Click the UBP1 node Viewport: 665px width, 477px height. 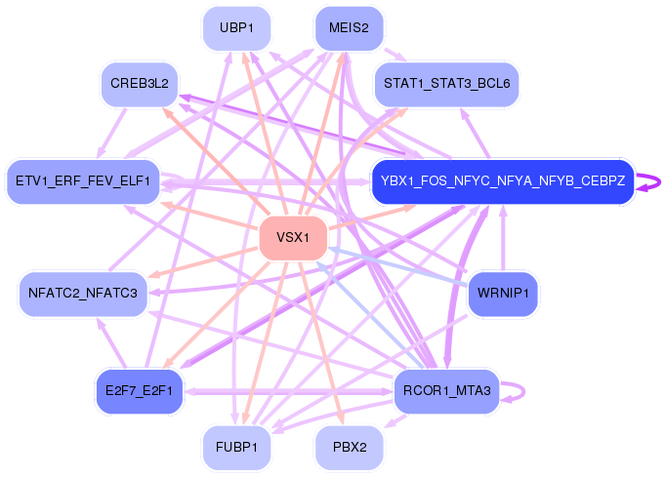pyautogui.click(x=237, y=28)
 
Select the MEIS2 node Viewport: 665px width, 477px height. pyautogui.click(x=349, y=28)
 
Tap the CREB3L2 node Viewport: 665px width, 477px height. pyautogui.click(x=140, y=84)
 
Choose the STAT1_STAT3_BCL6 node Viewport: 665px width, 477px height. pyautogui.click(x=446, y=84)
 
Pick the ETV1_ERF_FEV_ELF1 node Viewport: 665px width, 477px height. pyautogui.click(x=83, y=181)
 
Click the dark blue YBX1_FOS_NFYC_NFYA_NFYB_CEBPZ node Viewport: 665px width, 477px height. pyautogui.click(x=503, y=181)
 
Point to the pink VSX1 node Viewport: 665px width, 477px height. pyautogui.click(x=293, y=238)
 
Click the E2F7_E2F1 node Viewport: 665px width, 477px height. pyautogui.click(x=140, y=391)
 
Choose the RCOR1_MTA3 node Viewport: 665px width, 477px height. pyautogui.click(x=446, y=391)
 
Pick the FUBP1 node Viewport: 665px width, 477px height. pyautogui.click(x=237, y=448)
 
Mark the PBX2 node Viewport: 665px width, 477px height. pyautogui.click(x=349, y=448)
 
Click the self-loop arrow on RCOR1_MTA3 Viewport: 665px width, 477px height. pyautogui.click(x=520, y=391)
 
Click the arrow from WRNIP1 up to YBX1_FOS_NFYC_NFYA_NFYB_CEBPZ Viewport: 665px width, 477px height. pyautogui.click(x=503, y=238)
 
